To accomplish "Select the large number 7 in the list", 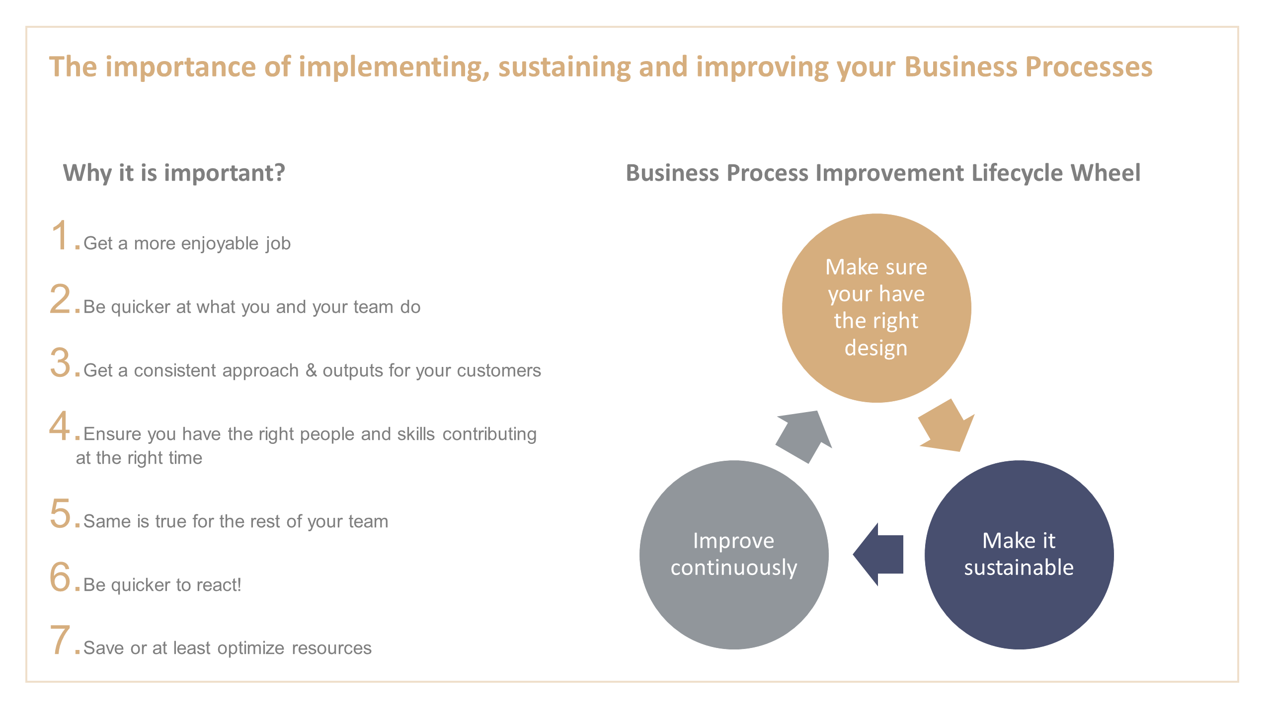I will [60, 640].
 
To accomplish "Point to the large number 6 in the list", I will [61, 577].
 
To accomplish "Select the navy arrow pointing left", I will [878, 554].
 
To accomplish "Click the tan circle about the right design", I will [876, 308].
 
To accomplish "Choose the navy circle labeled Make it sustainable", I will [1019, 554].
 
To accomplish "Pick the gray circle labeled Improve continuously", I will [733, 554].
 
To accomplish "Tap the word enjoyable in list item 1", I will [220, 244].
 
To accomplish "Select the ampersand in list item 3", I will [311, 370].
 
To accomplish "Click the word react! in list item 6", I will [219, 585].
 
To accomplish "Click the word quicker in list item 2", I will [141, 307].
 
